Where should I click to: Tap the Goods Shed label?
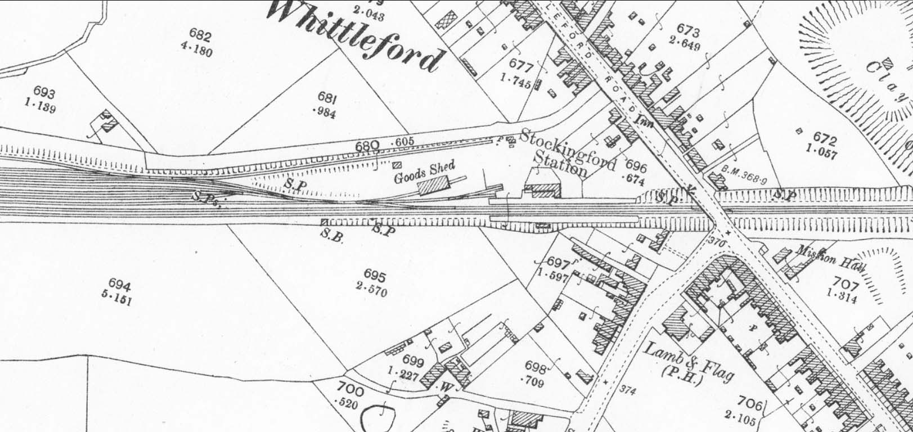pyautogui.click(x=424, y=172)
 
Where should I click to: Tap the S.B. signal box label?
pyautogui.click(x=329, y=233)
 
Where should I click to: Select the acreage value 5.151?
pyautogui.click(x=118, y=299)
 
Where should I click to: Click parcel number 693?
pyautogui.click(x=44, y=93)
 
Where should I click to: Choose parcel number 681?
pyautogui.click(x=327, y=99)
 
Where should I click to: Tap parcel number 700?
pyautogui.click(x=350, y=389)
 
